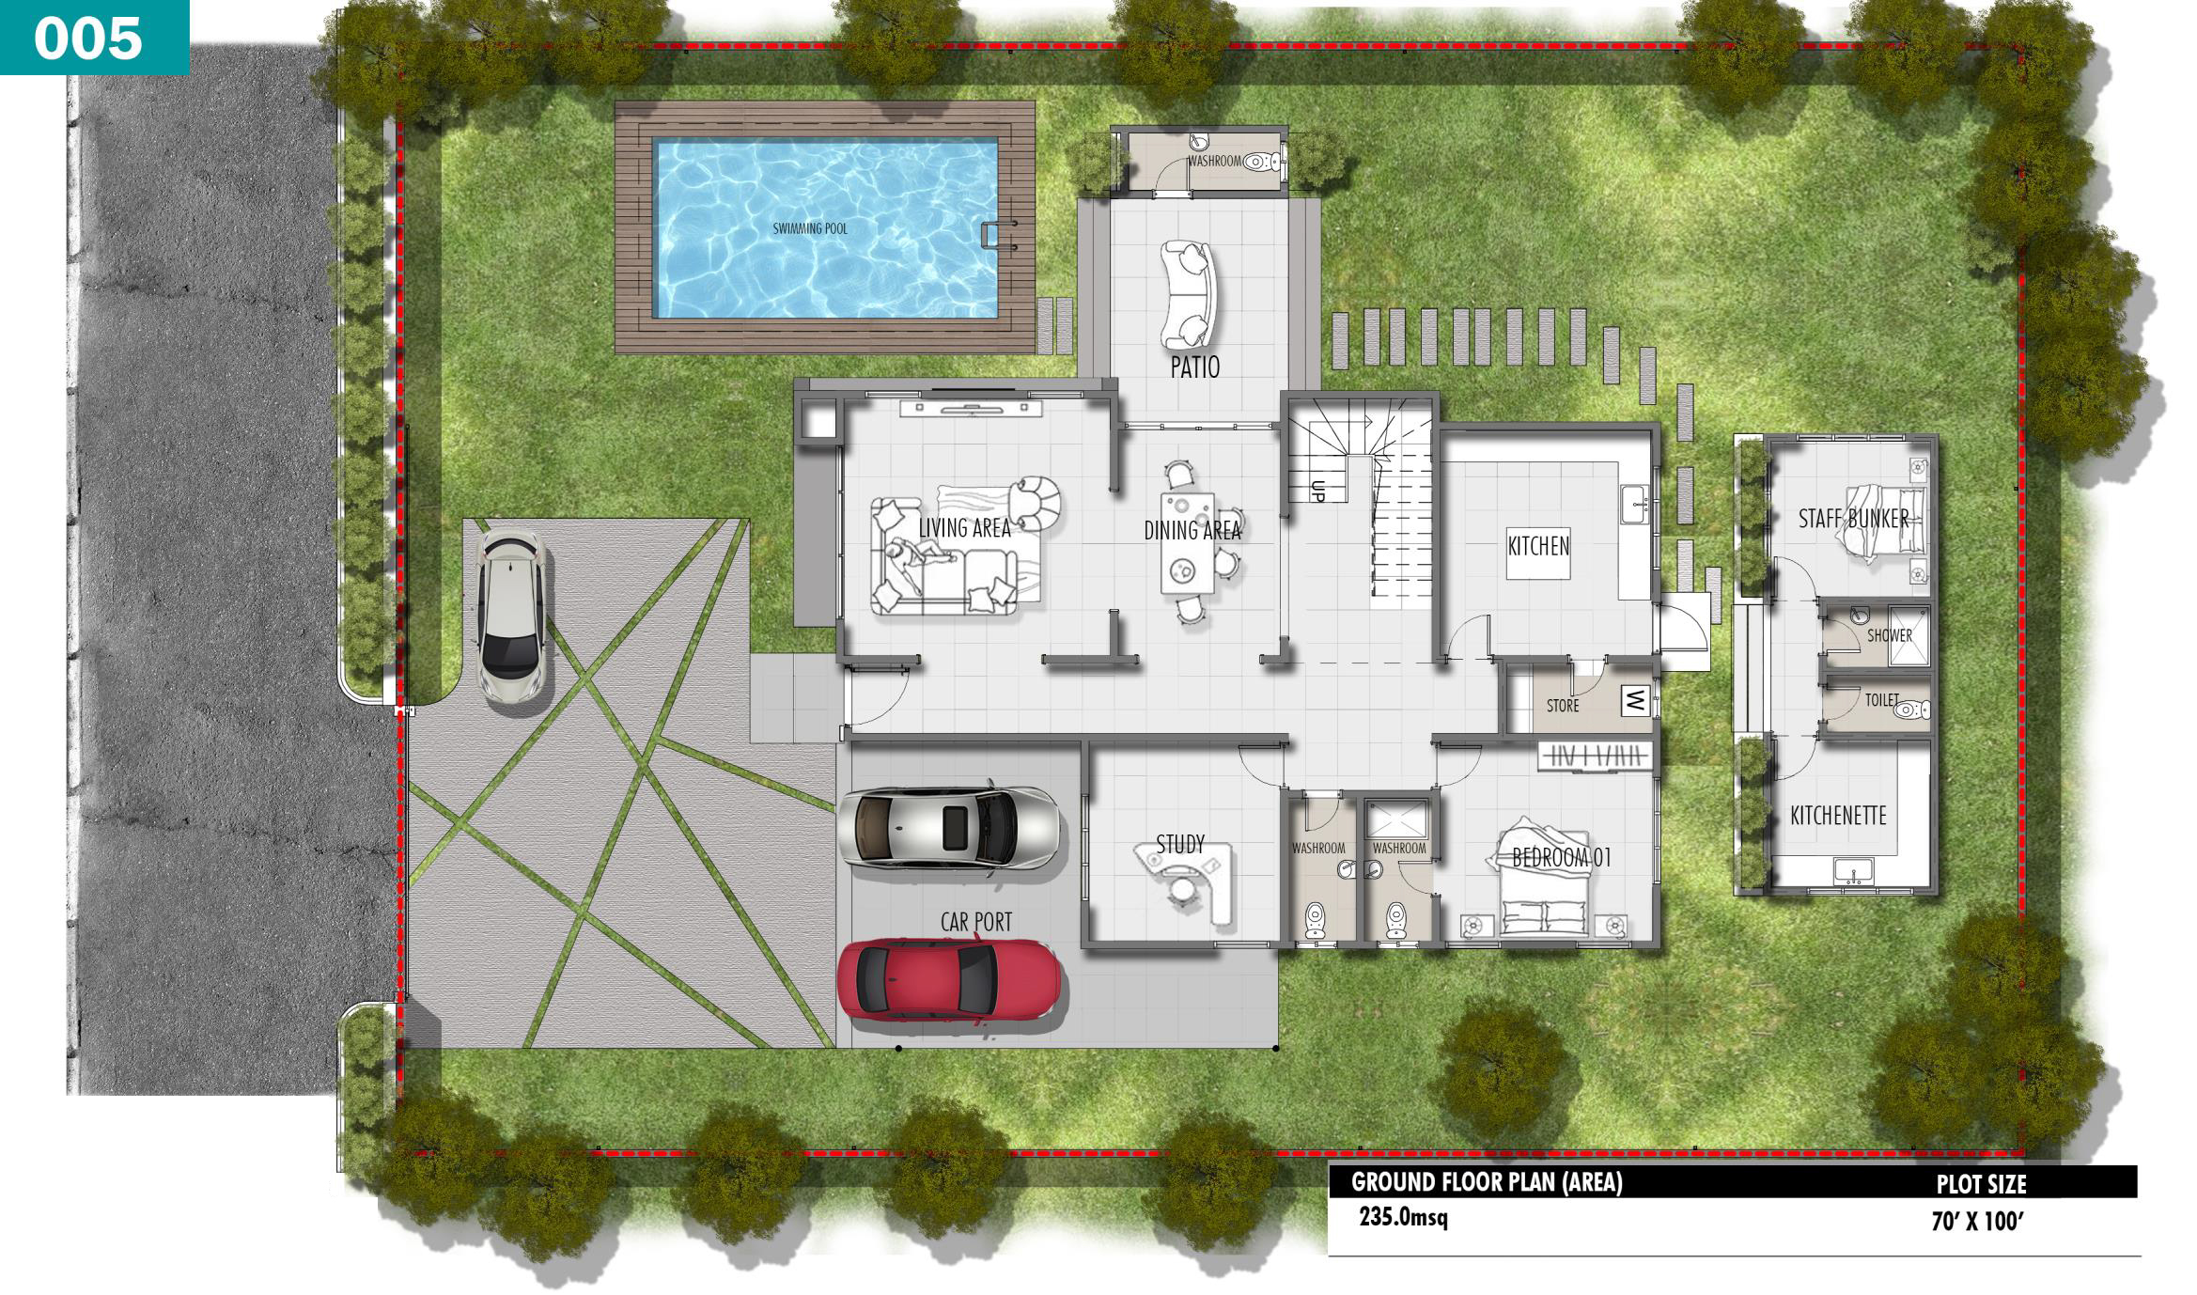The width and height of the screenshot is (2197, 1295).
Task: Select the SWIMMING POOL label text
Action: click(810, 228)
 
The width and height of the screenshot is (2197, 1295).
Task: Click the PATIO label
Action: click(1195, 367)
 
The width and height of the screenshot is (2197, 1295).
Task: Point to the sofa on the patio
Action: click(1188, 294)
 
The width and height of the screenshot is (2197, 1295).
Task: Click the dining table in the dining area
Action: click(1188, 543)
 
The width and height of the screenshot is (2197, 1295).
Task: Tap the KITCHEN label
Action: click(1538, 546)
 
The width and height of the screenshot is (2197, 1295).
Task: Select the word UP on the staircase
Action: click(1317, 491)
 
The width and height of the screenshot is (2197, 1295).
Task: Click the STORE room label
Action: click(1563, 706)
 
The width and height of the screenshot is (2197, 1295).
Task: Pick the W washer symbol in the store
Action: click(1636, 699)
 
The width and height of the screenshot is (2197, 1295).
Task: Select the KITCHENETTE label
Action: click(1838, 816)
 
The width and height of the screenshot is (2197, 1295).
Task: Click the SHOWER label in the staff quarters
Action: click(1890, 635)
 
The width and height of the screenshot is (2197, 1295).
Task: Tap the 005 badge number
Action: click(88, 39)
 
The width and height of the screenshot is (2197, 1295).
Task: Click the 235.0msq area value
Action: click(1403, 1218)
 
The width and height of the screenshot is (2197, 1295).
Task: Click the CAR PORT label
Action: click(976, 923)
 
